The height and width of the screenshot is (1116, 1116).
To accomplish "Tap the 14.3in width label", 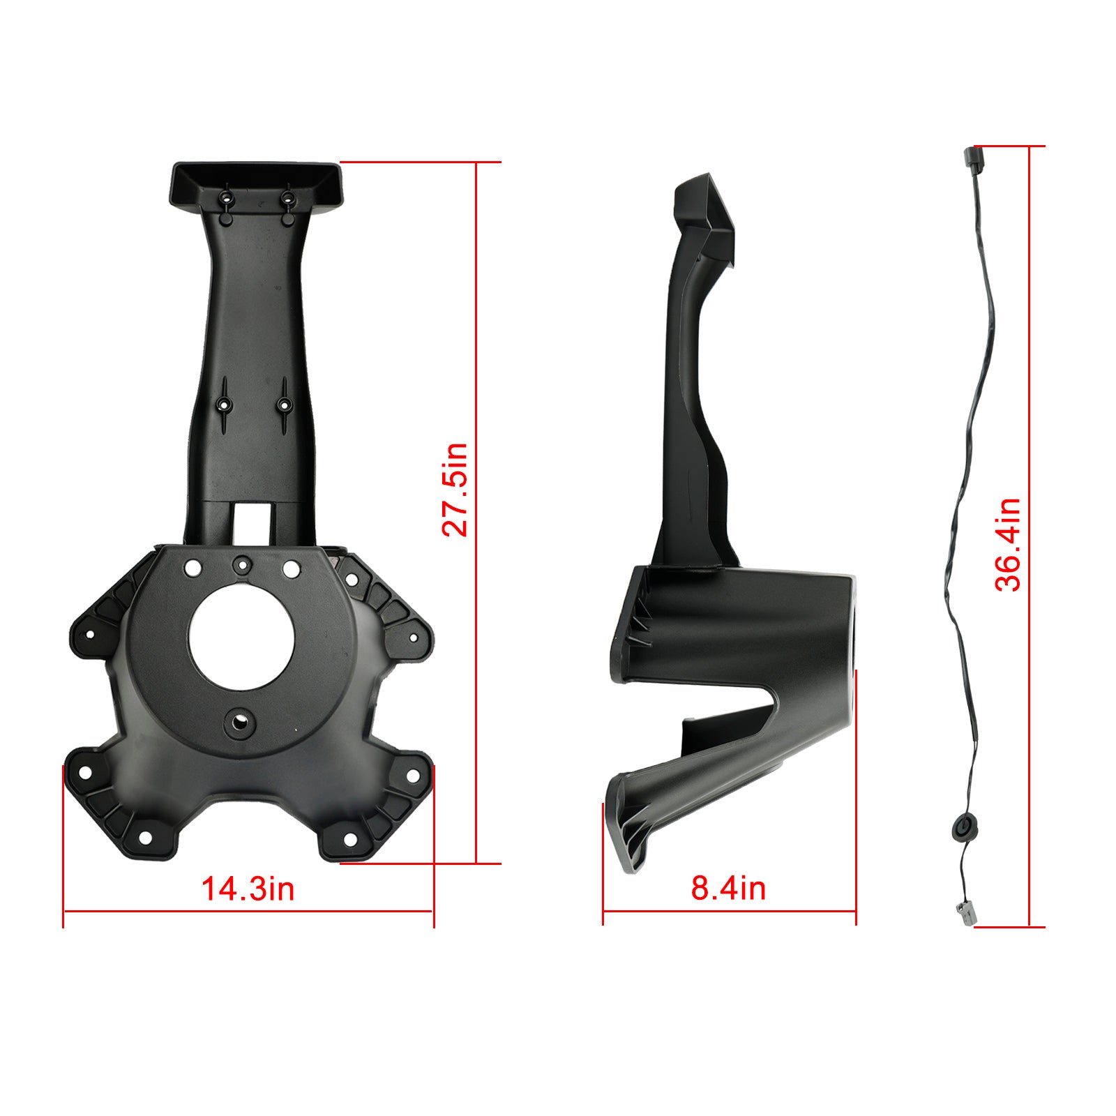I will point(248,889).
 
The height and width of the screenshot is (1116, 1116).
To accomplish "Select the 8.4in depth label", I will point(728,888).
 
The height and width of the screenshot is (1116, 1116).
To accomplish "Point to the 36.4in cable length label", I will point(1007,545).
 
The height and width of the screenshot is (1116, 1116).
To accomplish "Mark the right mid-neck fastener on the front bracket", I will point(284,403).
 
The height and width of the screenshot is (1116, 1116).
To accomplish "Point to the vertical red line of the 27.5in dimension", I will point(476,513).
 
